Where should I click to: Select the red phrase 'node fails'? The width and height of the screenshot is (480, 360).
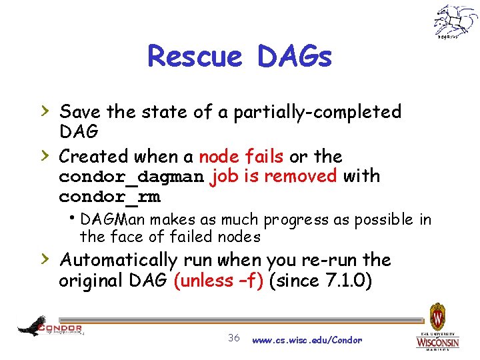241,157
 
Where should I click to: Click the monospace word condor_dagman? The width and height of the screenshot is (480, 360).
131,177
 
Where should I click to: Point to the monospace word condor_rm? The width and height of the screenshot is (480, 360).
109,197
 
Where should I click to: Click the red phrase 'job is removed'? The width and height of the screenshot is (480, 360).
273,177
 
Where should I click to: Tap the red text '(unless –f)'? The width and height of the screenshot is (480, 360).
222,281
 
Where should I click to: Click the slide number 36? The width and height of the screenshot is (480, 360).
233,338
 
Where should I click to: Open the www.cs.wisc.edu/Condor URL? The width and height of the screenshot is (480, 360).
307,340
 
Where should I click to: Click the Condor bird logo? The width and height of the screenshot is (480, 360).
49,327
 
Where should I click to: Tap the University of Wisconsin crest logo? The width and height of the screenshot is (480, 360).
437,326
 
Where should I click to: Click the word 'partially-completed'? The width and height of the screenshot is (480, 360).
316,111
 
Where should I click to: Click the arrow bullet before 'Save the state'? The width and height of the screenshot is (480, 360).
45,109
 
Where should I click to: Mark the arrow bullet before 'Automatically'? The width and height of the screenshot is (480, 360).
45,258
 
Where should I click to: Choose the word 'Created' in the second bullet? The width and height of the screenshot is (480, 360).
93,157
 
